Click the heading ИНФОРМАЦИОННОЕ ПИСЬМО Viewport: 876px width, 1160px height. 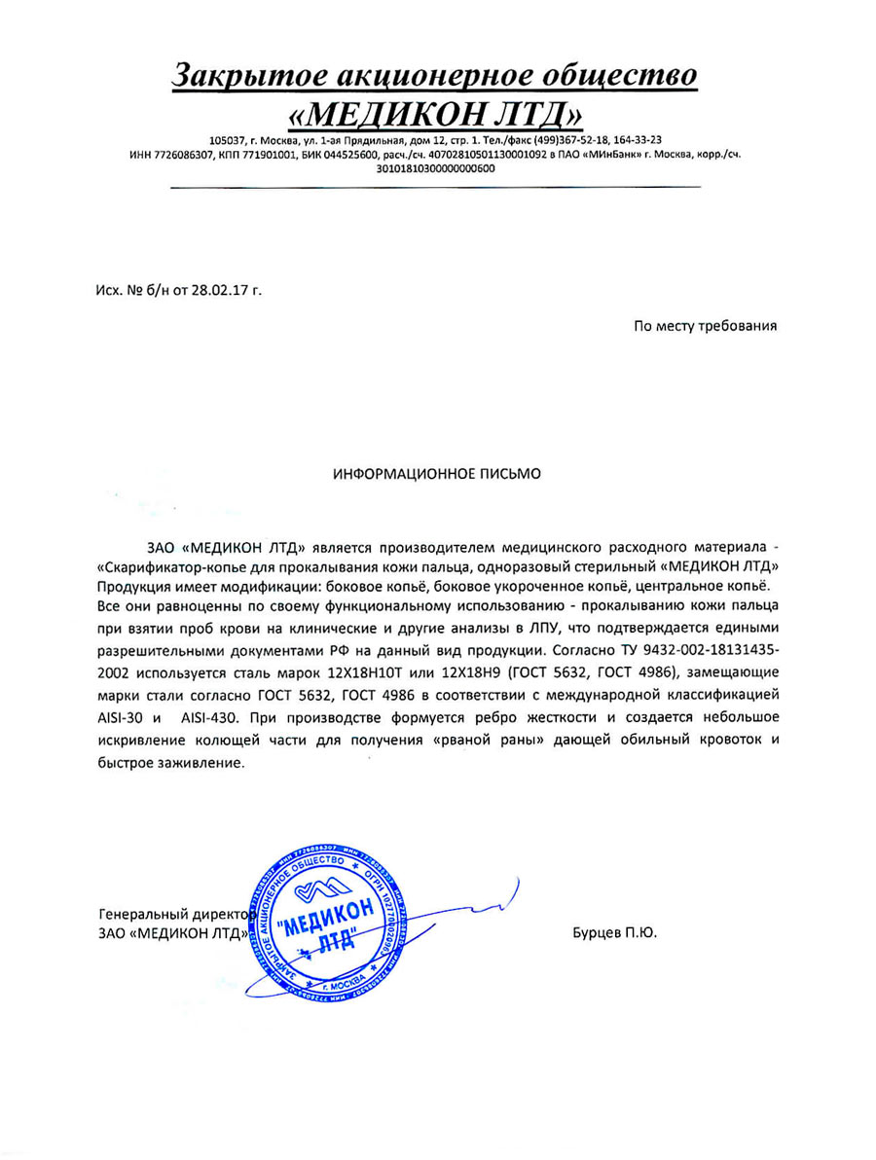(x=437, y=474)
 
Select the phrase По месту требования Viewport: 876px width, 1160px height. (x=705, y=326)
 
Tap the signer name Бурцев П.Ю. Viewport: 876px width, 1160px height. (x=615, y=932)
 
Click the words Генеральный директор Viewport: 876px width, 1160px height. (x=175, y=914)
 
